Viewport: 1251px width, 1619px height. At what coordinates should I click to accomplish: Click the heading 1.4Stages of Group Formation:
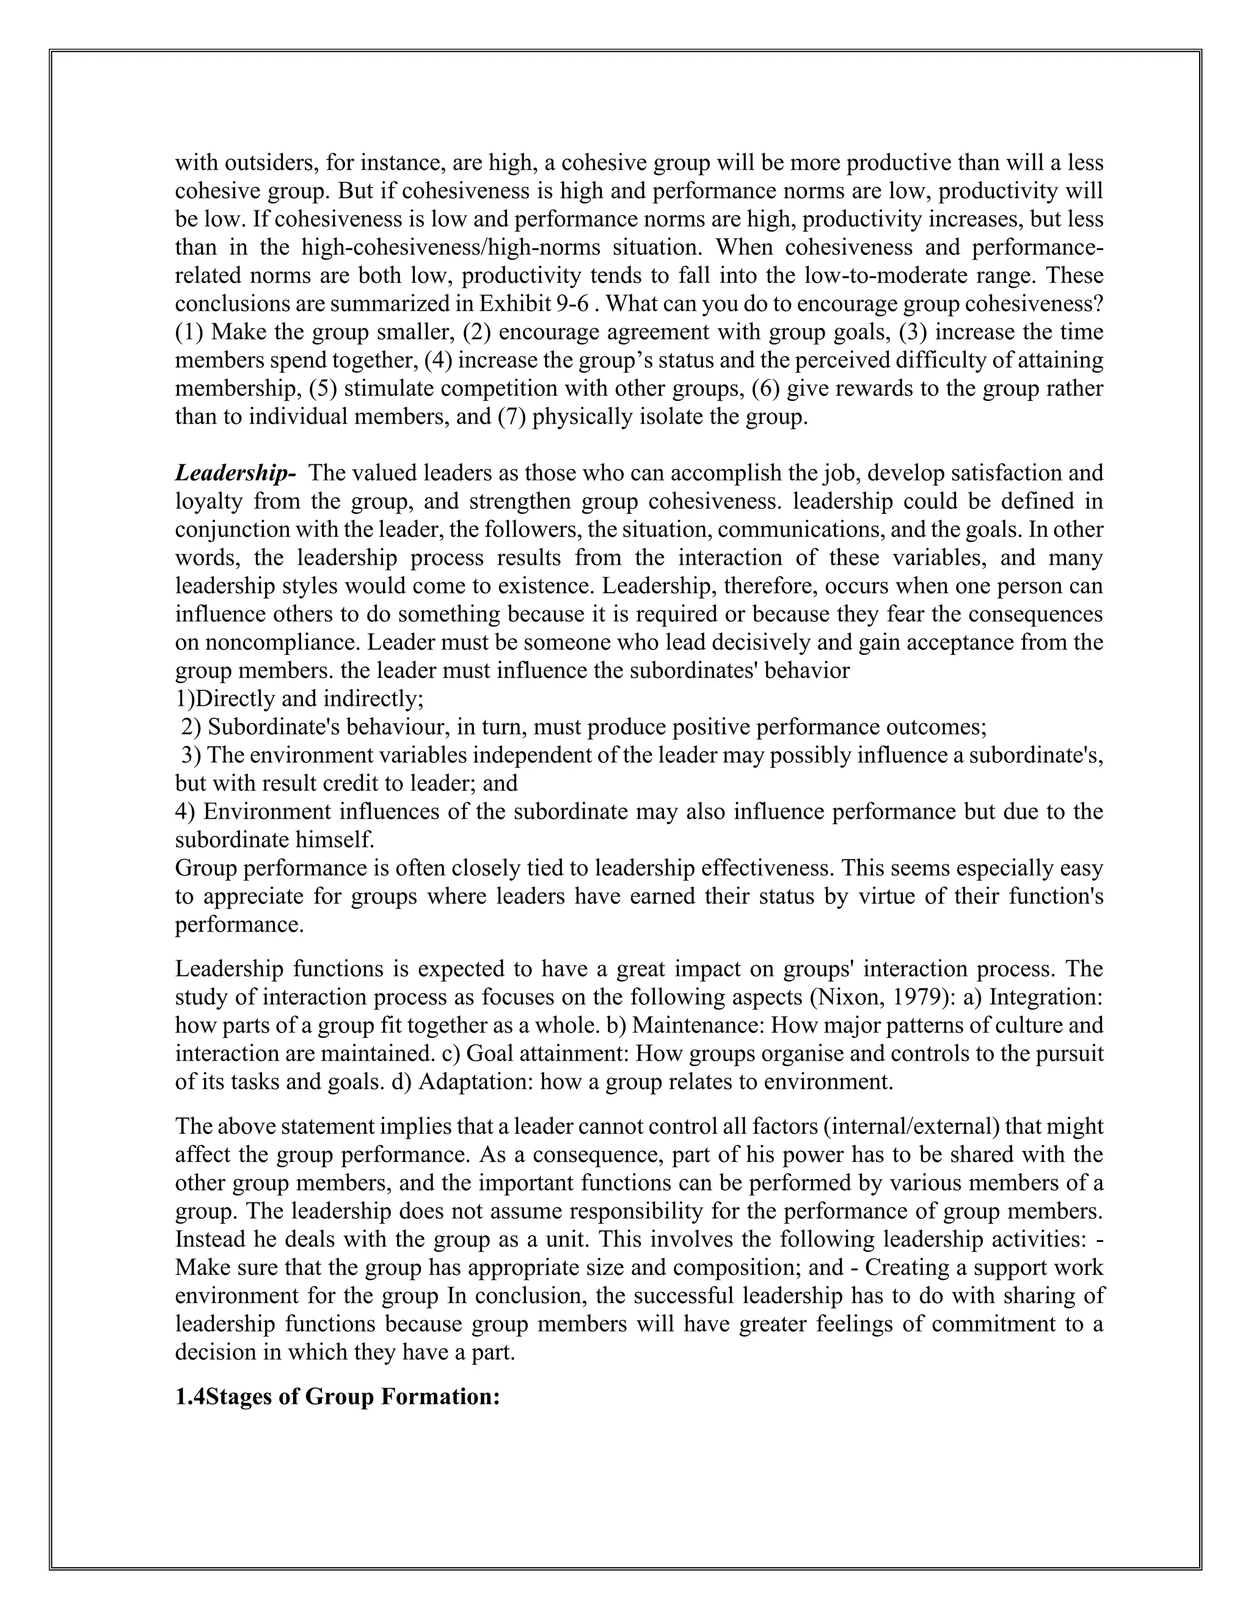337,1397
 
